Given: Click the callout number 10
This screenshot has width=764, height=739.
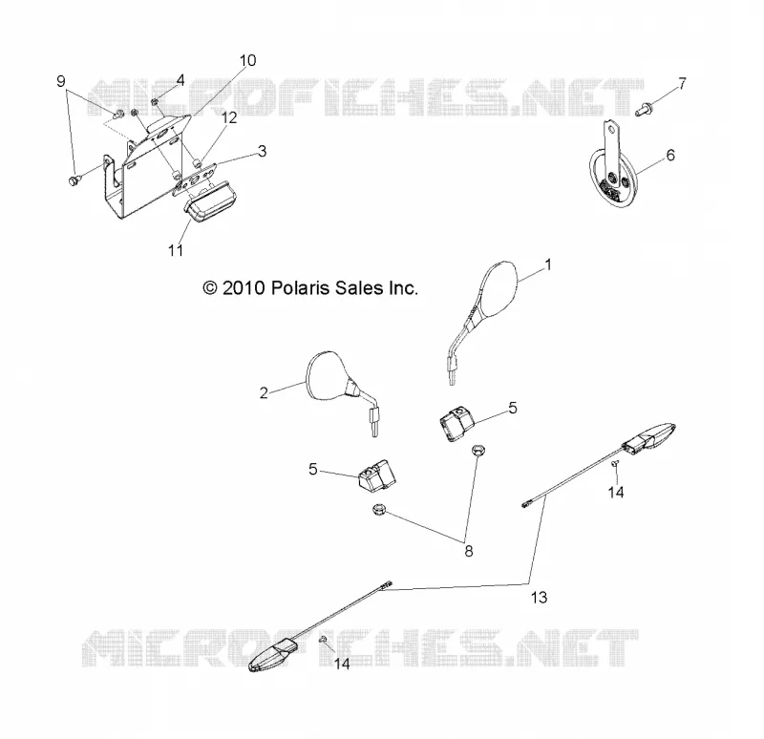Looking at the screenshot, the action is pyautogui.click(x=247, y=60).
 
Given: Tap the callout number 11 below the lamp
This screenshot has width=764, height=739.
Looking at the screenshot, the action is pyautogui.click(x=176, y=250).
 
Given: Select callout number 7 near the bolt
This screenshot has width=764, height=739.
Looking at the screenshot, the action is pyautogui.click(x=682, y=84).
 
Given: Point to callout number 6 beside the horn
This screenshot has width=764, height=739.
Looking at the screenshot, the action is pyautogui.click(x=670, y=155).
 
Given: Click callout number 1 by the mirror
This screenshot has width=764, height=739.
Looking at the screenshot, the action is pyautogui.click(x=548, y=264).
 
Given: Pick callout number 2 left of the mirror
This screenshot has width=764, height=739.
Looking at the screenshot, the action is pyautogui.click(x=264, y=392).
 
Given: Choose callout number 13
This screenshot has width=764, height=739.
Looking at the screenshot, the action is pyautogui.click(x=539, y=598).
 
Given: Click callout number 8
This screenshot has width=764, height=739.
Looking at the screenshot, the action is pyautogui.click(x=468, y=551).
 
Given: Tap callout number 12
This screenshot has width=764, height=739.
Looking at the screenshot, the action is pyautogui.click(x=229, y=117).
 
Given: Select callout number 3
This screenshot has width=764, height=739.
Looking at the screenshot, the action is pyautogui.click(x=262, y=151).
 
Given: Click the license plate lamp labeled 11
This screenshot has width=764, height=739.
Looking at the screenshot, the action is pyautogui.click(x=207, y=202).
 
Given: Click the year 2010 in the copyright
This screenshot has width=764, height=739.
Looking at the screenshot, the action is pyautogui.click(x=244, y=288).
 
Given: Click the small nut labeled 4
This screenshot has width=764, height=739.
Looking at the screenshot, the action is pyautogui.click(x=154, y=102).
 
